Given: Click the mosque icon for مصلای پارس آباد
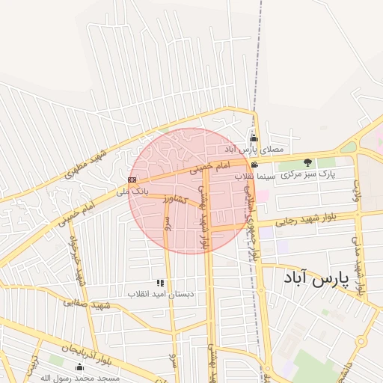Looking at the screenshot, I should coord(254,138).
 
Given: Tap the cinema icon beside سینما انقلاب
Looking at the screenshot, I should coord(255,165).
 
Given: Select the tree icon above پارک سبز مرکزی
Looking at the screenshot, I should coord(307,162).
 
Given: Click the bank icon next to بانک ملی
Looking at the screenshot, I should coord(132,180).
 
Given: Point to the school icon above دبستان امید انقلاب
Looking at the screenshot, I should coord(160,283).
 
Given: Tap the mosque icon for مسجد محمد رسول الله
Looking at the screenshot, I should coord(80,367).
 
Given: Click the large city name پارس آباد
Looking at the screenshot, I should coord(316,280).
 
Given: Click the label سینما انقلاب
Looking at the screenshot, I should coord(256,176).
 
